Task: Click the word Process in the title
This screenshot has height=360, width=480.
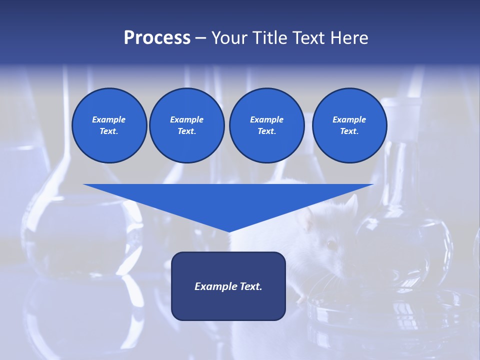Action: (x=157, y=38)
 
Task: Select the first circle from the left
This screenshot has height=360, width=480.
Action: (x=109, y=125)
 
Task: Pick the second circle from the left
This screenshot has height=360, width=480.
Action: (x=186, y=125)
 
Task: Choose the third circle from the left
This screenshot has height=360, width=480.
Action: (x=266, y=125)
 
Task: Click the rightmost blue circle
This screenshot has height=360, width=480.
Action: (x=349, y=125)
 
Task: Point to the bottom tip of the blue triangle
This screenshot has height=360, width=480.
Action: (x=229, y=230)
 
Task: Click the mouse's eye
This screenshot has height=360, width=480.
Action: (x=330, y=244)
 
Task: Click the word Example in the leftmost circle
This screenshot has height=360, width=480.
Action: (x=109, y=119)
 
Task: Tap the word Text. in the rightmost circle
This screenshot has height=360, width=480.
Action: (x=349, y=131)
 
